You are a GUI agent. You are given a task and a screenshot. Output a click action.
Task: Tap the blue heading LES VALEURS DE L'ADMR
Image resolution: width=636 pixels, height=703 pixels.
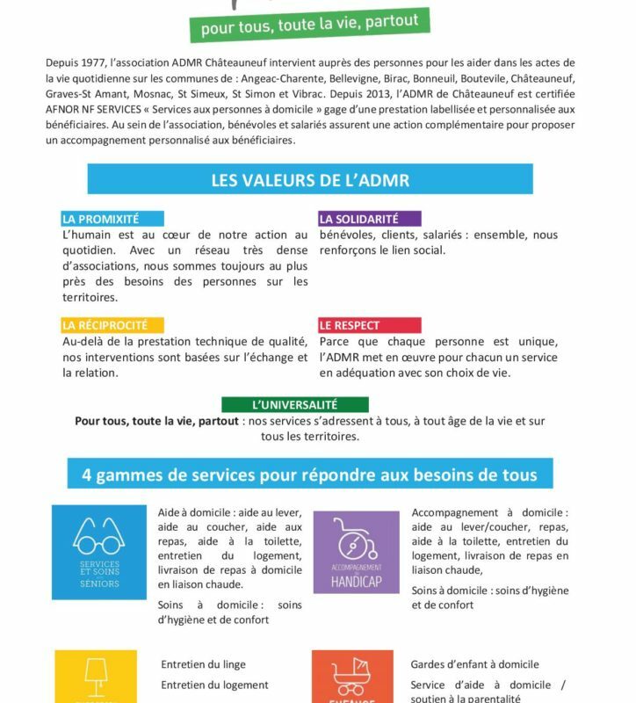[309, 179]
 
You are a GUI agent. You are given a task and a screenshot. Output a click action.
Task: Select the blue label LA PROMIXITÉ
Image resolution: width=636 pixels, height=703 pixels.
[100, 219]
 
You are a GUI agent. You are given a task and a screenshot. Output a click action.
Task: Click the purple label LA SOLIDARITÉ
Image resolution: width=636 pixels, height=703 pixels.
[359, 219]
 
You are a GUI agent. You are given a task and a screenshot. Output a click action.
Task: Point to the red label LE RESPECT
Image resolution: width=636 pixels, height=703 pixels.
[350, 325]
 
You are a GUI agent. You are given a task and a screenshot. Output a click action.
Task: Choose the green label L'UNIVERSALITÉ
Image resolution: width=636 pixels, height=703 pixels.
[294, 404]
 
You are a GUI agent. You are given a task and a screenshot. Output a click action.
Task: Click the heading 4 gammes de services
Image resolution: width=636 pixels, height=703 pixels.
[309, 475]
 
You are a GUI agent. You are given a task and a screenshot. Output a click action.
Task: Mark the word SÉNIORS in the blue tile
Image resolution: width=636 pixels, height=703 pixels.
[99, 583]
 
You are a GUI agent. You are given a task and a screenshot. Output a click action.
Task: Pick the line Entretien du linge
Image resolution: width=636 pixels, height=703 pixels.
[203, 664]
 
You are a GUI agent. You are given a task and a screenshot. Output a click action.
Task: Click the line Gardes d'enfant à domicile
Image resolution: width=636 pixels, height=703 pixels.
[474, 664]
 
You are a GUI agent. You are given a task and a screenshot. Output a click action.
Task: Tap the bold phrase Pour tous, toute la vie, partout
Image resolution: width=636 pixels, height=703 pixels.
[156, 421]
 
